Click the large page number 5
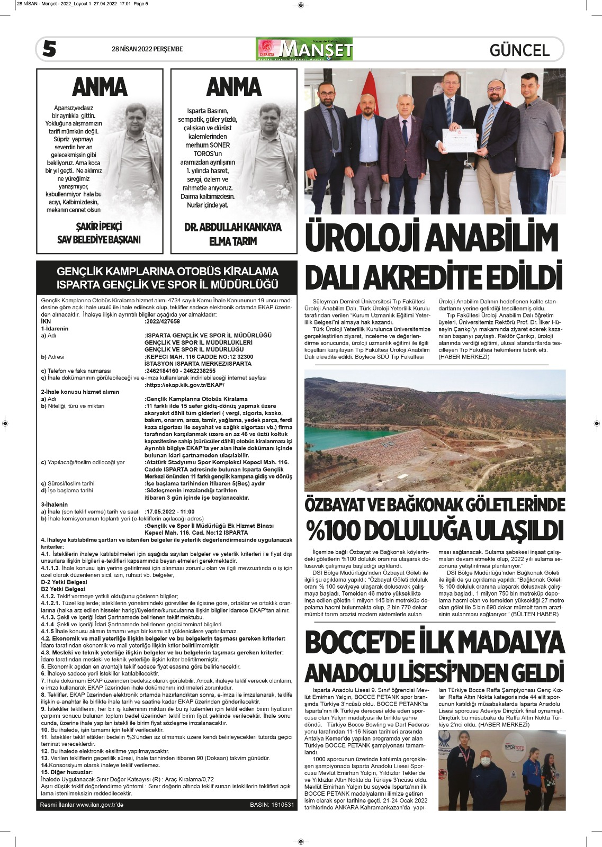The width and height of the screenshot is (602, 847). [49, 49]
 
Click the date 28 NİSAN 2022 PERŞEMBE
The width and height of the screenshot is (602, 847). [147, 49]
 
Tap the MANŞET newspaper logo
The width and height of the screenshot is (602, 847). [304, 50]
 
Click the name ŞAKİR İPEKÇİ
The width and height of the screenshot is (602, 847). [99, 227]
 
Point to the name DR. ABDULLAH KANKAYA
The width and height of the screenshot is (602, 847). [233, 228]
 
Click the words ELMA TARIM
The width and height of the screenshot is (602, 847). [233, 241]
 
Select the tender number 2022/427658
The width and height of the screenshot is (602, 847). [163, 321]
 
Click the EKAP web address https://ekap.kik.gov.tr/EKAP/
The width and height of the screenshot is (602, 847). [185, 385]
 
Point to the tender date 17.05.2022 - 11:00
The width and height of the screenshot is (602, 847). [169, 511]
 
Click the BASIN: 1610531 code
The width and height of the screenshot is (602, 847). [272, 805]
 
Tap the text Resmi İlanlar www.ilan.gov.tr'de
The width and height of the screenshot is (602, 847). [82, 805]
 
